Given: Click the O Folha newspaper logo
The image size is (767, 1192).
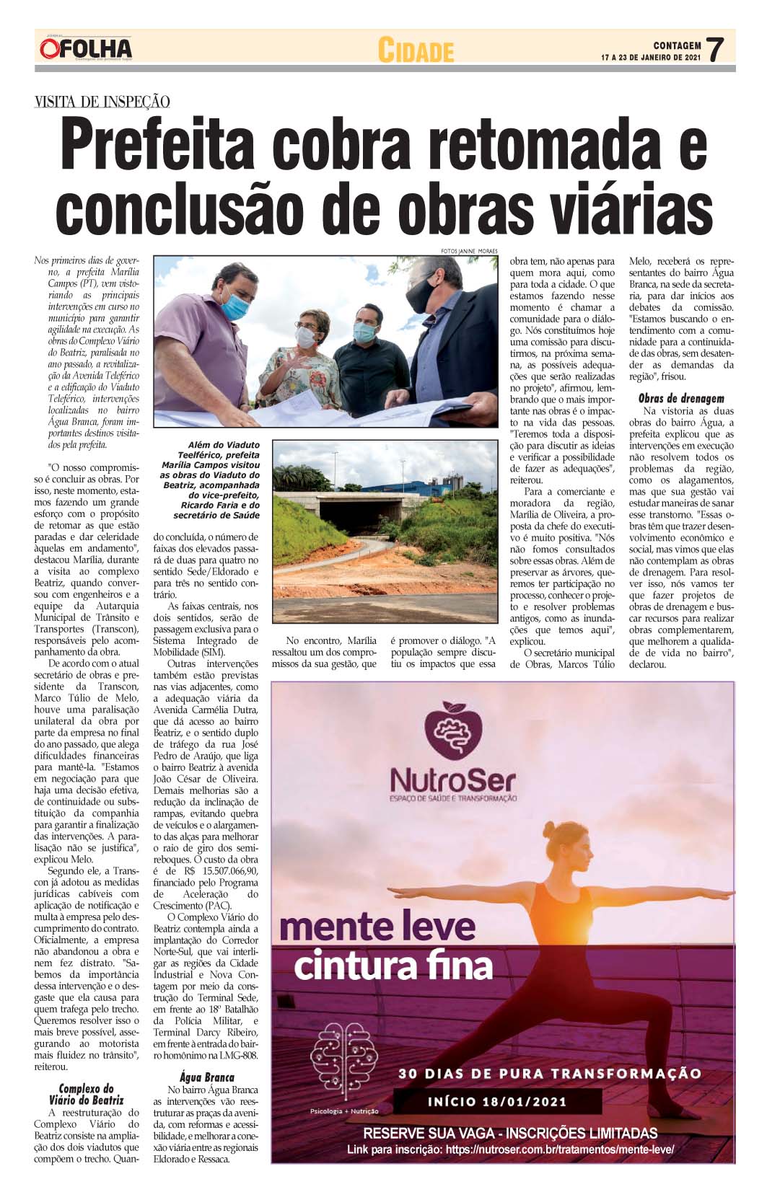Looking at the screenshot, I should pos(85,49).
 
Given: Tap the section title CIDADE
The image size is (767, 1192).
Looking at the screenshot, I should pos(416,51).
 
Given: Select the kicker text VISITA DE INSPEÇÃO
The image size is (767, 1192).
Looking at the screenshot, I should pos(102,102).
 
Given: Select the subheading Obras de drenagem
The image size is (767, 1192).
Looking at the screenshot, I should pos(681,398).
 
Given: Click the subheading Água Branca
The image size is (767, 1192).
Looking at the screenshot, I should pos(206,1077).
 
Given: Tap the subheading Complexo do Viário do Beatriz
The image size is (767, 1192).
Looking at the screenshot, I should pos(87,1095).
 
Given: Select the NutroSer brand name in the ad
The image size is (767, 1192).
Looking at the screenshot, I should pos(453,780).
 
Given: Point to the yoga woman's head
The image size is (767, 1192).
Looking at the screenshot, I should pos(564,841).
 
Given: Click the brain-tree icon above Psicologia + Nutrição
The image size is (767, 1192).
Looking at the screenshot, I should pos(344,1060).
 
